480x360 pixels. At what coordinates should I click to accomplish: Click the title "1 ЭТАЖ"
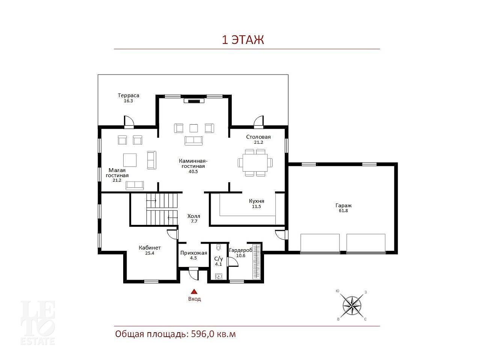coord(243,40)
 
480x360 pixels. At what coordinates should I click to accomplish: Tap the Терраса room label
coord(128,95)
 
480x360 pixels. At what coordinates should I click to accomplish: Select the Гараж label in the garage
coord(344,206)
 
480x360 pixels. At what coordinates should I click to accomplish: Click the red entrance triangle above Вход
coord(194,291)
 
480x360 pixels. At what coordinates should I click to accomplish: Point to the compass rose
coord(352,305)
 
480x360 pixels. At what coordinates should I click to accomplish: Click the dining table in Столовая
coord(255,163)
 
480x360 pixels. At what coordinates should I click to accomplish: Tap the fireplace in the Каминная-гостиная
coord(194,101)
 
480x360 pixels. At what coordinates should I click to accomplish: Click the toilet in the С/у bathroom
coord(218,247)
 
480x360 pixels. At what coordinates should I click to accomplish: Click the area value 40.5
coord(193,172)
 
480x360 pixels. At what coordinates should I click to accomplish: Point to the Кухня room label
coord(257,201)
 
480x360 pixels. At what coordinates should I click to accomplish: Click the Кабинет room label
coord(149,248)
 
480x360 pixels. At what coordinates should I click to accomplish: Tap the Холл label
coord(193,216)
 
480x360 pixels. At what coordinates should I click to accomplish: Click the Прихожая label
coord(193,253)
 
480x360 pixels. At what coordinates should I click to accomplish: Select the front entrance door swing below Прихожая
coord(193,274)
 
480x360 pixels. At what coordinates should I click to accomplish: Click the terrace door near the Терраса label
coord(129,122)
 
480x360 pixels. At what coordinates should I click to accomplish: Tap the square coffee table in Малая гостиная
coord(130,160)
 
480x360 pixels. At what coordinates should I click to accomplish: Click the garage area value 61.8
coord(343,211)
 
